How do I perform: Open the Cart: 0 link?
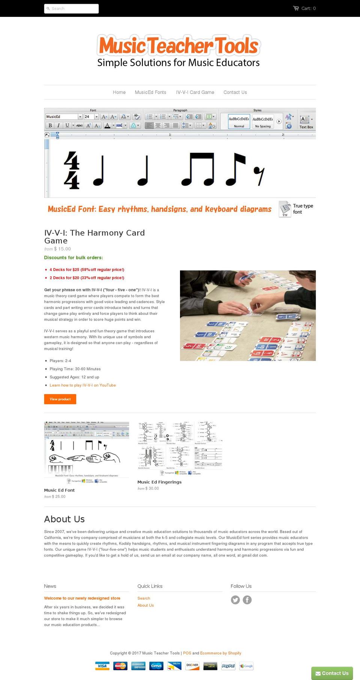[x=304, y=8]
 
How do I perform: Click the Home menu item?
[x=119, y=92]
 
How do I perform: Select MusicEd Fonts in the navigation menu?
[x=150, y=92]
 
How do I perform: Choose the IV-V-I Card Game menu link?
[x=195, y=92]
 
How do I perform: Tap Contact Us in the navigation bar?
[x=235, y=92]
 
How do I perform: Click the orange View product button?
[x=60, y=399]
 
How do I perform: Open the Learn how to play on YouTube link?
[x=82, y=385]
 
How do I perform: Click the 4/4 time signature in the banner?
[x=71, y=170]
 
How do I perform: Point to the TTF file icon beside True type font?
[x=285, y=209]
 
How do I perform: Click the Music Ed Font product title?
[x=59, y=490]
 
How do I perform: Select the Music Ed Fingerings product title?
[x=159, y=482]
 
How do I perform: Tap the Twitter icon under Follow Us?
[x=235, y=600]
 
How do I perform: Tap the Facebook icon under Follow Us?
[x=247, y=600]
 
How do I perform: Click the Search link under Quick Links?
[x=144, y=598]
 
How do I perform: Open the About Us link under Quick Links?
[x=145, y=605]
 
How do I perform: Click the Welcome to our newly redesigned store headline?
[x=82, y=598]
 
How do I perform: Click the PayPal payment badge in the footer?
[x=228, y=666]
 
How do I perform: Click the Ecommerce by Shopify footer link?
[x=220, y=653]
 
